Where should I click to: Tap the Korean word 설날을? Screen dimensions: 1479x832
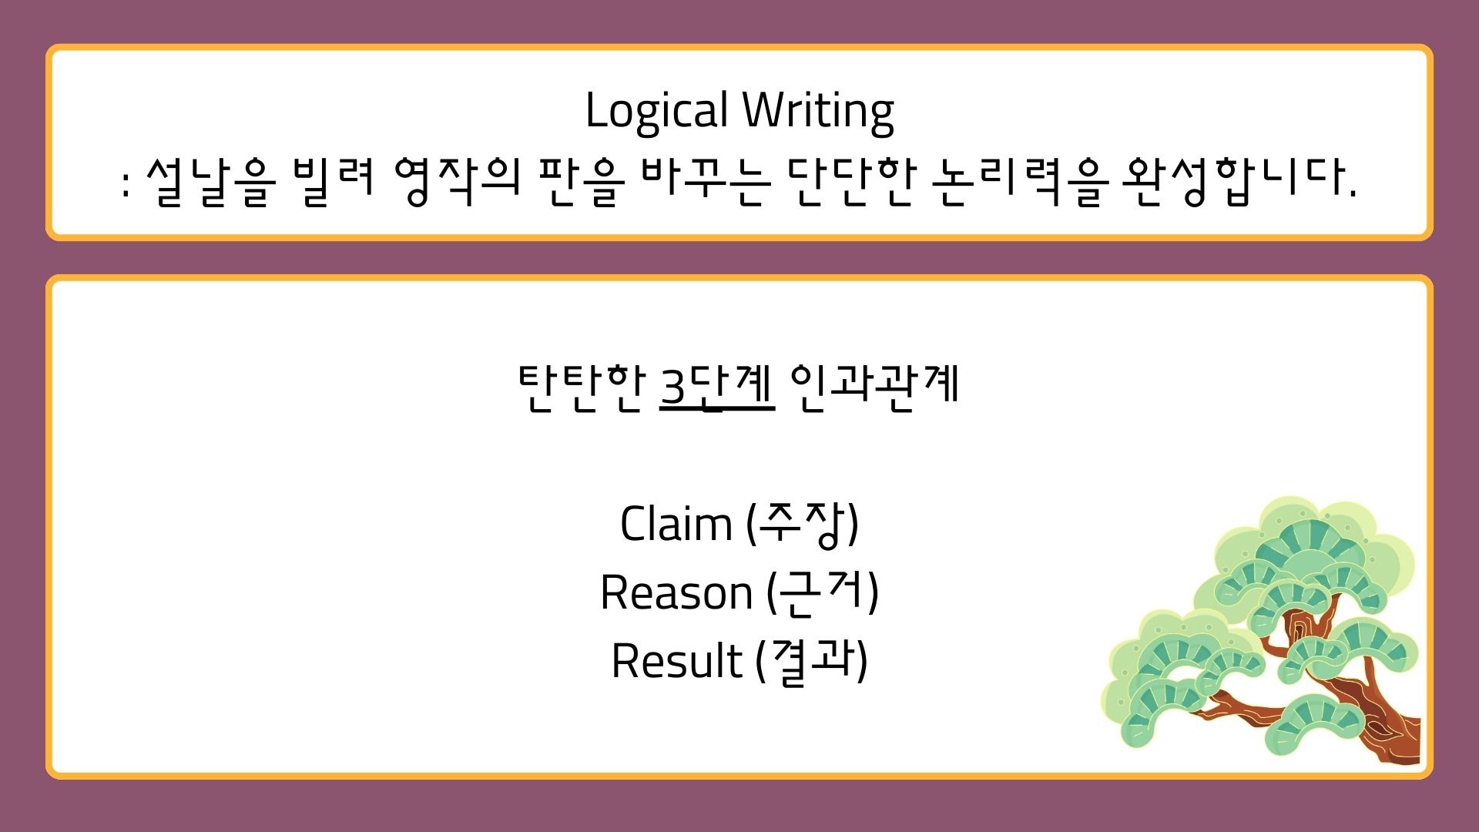210,183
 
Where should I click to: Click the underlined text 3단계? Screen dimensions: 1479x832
717,385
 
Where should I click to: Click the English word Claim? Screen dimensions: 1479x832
676,524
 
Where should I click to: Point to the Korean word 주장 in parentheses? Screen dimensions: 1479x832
802,525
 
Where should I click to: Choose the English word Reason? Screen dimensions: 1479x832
676,593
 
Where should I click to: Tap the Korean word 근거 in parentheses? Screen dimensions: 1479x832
823,593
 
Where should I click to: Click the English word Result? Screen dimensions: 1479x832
676,662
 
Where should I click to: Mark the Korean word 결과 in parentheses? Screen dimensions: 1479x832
812,662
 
